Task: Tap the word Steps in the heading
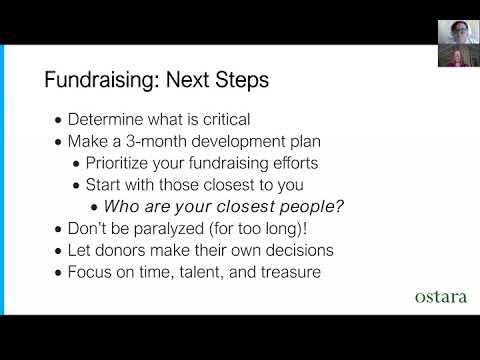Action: (242, 80)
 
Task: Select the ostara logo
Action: (441, 297)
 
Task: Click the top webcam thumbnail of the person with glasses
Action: (459, 32)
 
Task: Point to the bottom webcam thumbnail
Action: (459, 55)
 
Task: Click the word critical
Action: (227, 120)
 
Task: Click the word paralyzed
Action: (169, 229)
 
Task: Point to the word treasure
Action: (291, 272)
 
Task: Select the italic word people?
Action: (312, 207)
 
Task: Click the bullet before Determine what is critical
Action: (59, 121)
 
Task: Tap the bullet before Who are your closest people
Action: (94, 208)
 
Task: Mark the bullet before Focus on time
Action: (59, 273)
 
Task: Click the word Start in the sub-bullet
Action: (103, 185)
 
